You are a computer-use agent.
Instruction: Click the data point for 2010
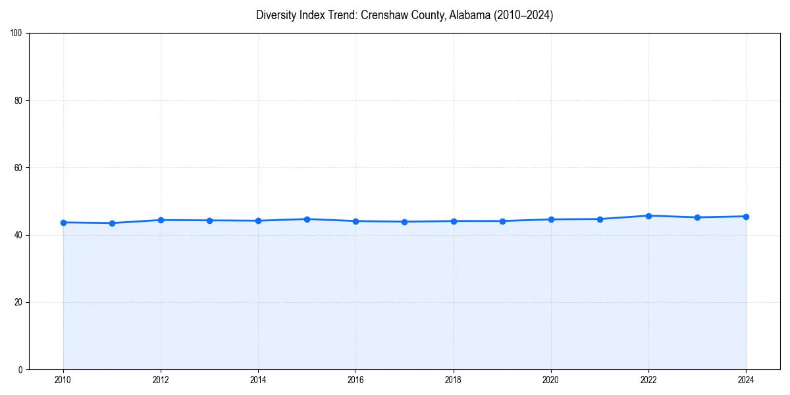pos(63,223)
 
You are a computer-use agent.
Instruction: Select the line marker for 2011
pos(112,223)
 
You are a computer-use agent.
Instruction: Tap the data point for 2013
pos(209,221)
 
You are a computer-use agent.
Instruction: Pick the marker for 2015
pos(307,219)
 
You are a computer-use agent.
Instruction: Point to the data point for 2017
pos(404,222)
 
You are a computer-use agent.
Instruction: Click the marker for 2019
pos(502,221)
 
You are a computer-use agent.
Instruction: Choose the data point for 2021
pos(600,219)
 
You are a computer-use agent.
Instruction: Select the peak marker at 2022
pos(648,216)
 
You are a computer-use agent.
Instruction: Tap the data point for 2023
pos(697,217)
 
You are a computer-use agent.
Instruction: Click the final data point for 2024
pos(746,217)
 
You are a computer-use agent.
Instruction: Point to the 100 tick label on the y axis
pos(16,34)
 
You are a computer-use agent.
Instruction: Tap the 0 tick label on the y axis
pos(20,369)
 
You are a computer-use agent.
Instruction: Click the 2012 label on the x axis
pos(161,380)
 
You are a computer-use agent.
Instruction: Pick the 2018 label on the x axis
pos(453,380)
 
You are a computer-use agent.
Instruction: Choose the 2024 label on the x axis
pos(746,380)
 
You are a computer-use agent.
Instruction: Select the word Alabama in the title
pos(467,15)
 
